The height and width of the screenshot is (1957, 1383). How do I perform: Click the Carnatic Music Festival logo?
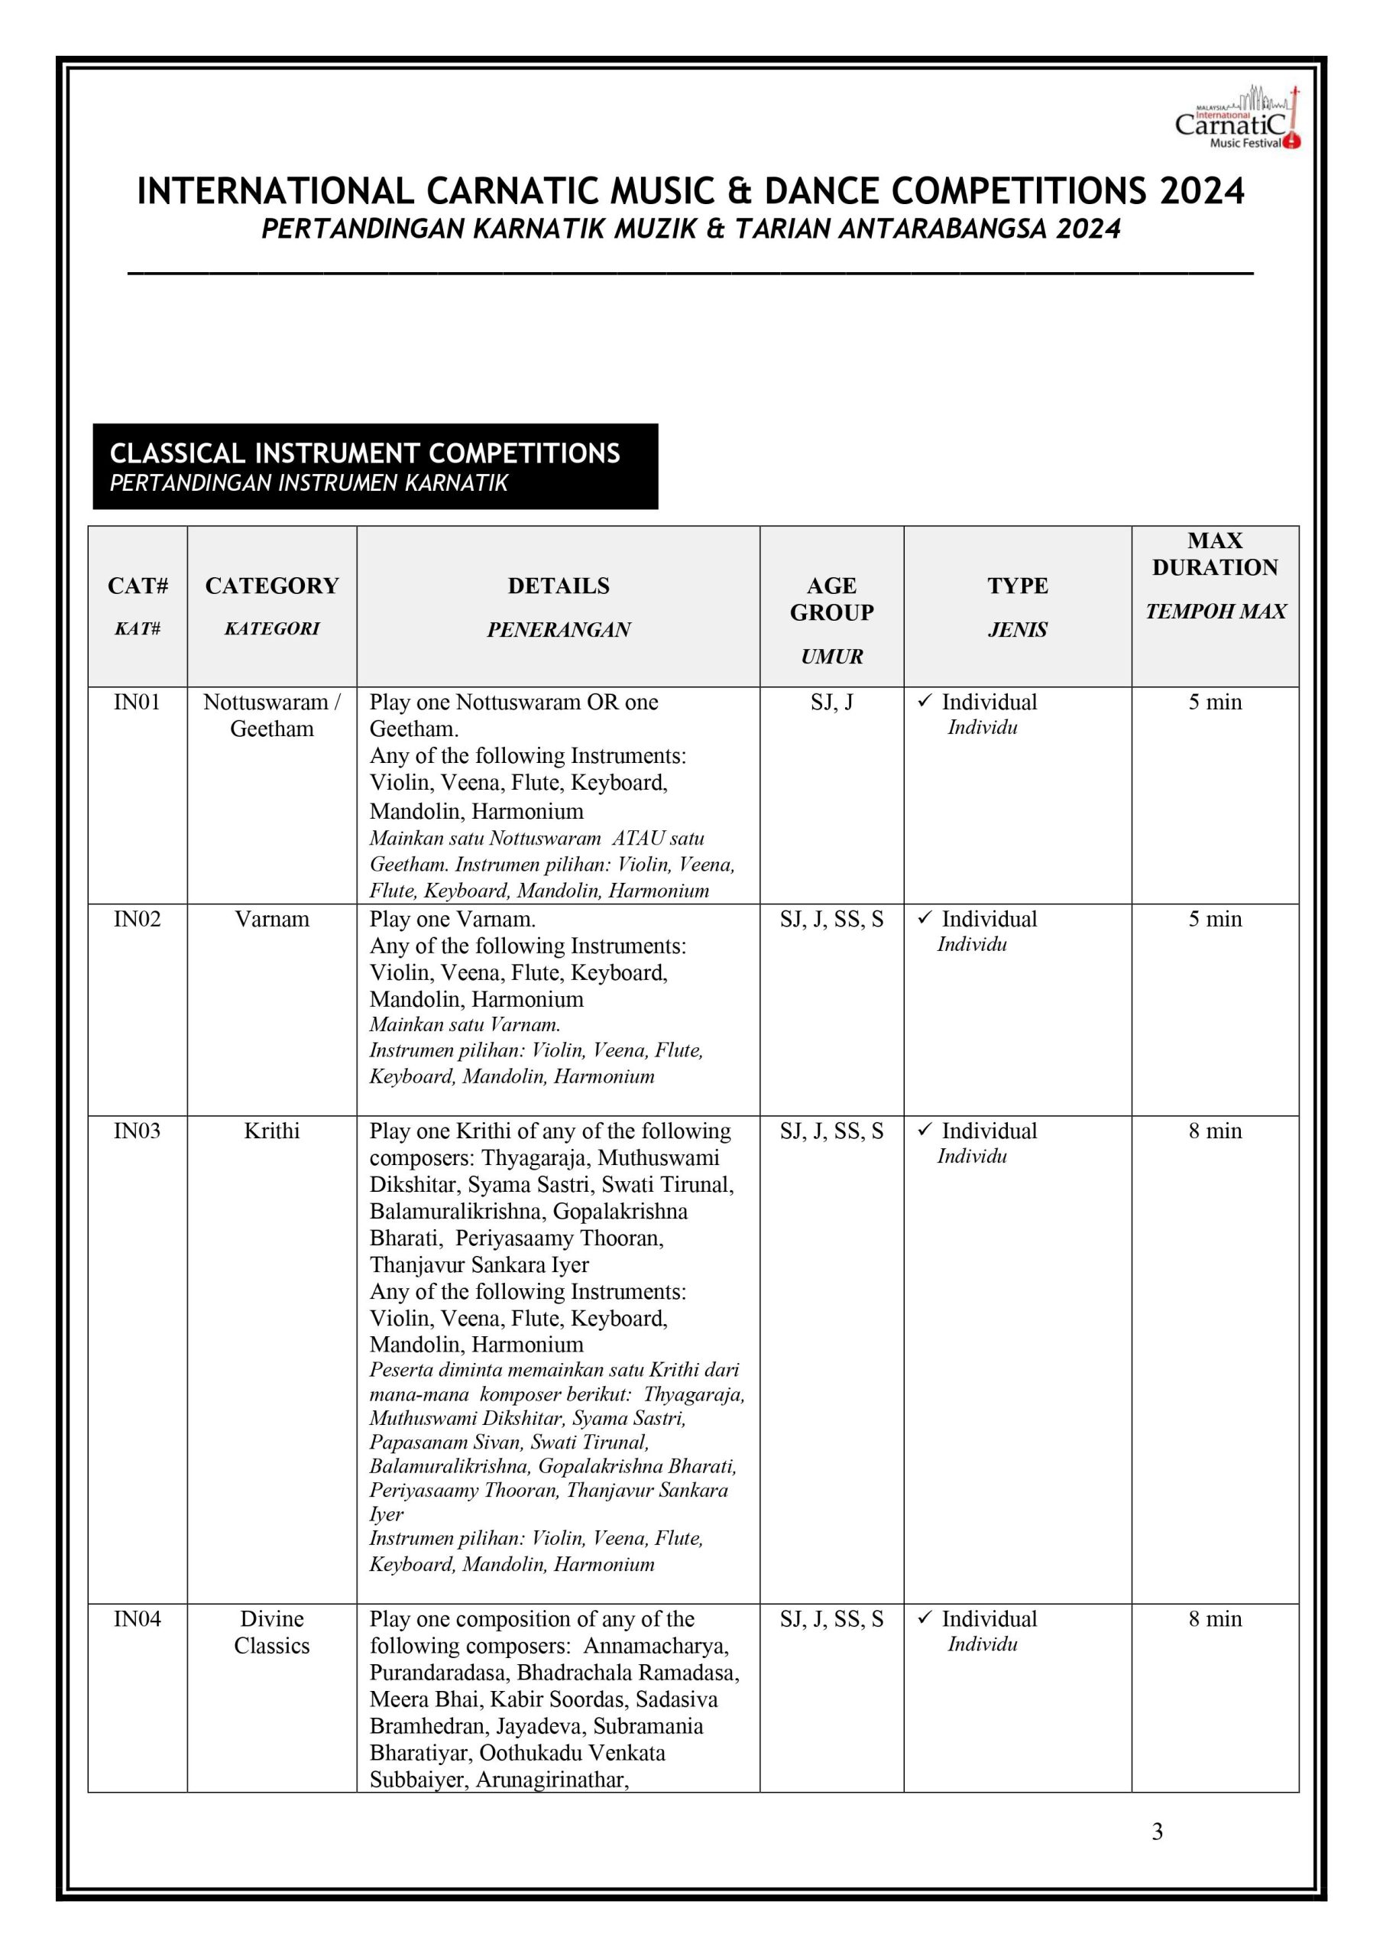1237,119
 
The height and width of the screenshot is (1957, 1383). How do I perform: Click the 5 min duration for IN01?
1214,703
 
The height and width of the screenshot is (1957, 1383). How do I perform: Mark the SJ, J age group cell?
831,703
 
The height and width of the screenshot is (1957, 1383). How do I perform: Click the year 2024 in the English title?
1200,192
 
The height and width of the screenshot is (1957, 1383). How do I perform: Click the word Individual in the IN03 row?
989,1131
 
